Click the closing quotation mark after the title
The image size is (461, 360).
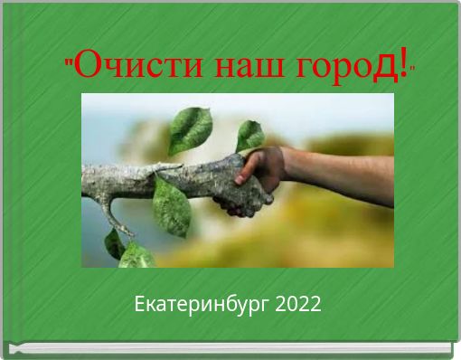[413, 68]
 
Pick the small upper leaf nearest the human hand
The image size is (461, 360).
[249, 136]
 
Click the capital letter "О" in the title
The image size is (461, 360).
[86, 66]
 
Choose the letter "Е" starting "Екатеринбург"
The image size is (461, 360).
[139, 305]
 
